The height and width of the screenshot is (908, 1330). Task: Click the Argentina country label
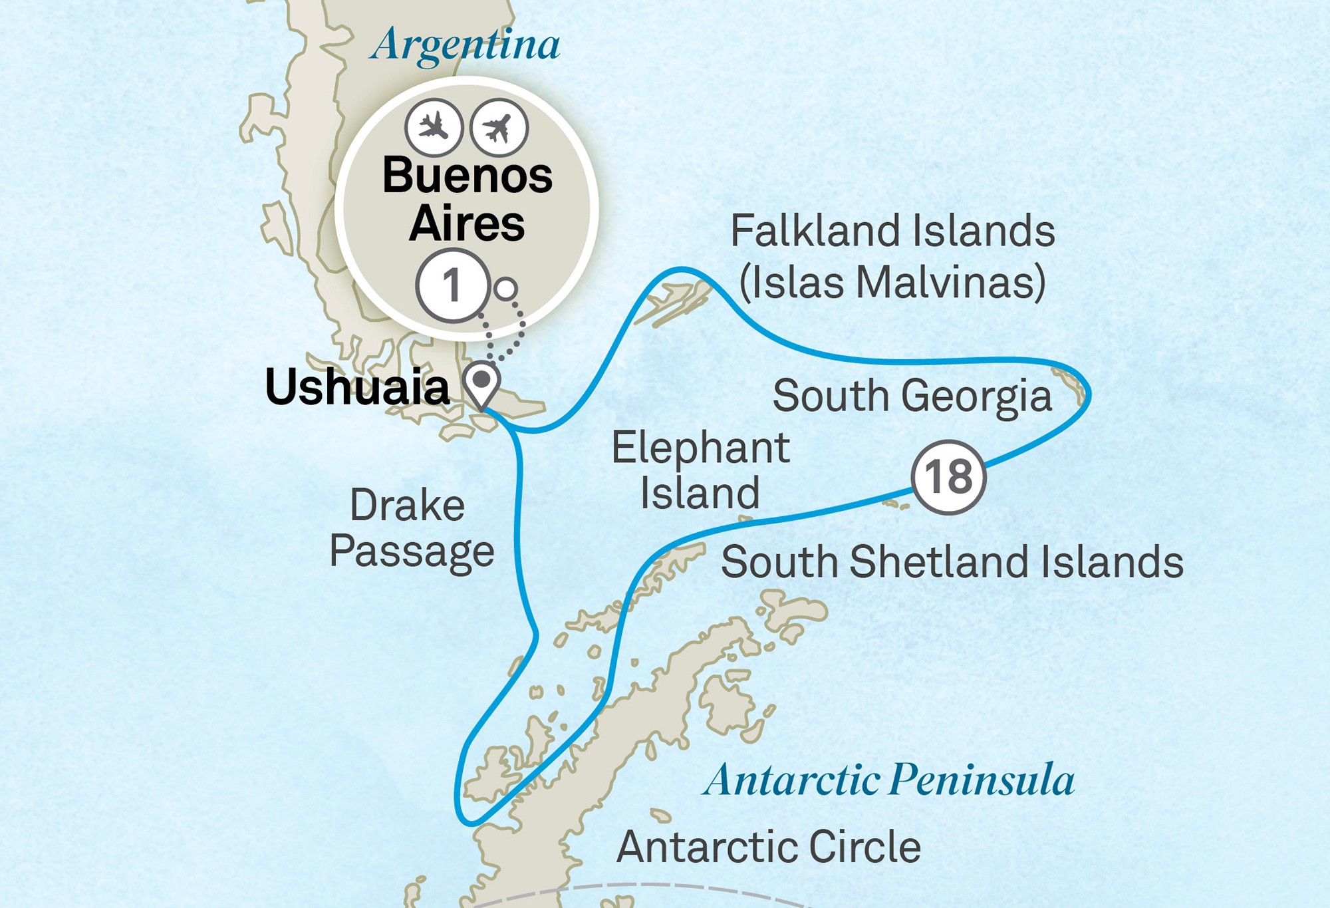[465, 45]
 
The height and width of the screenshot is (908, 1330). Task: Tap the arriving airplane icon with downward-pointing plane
[434, 126]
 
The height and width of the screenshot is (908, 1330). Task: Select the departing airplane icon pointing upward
[499, 126]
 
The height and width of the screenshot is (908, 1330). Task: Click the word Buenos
[467, 176]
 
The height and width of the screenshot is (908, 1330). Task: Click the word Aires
[467, 224]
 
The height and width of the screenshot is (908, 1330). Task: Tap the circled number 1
[452, 286]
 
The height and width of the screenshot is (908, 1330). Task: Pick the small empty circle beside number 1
[506, 289]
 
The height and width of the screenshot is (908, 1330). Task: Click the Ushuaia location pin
[481, 383]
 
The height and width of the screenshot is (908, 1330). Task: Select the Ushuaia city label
[357, 387]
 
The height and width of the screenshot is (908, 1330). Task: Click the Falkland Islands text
[892, 231]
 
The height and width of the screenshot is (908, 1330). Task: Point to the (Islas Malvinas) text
[892, 282]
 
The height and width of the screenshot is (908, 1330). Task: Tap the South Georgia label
[912, 396]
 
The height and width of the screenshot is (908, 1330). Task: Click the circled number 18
[948, 477]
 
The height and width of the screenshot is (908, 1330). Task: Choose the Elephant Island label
[700, 470]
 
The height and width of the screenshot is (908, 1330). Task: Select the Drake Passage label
[412, 528]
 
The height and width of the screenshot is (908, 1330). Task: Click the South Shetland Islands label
[952, 562]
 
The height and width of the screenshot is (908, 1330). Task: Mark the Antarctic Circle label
[769, 847]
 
